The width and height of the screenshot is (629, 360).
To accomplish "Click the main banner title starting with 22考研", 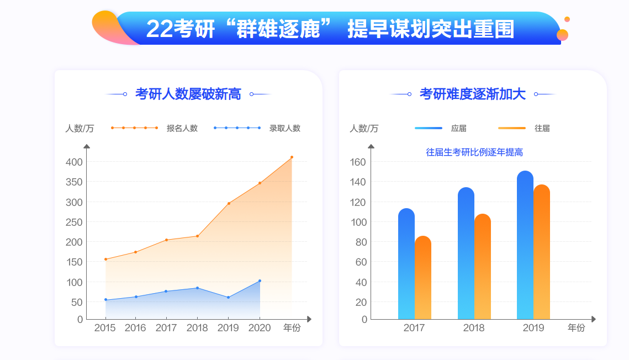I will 330,29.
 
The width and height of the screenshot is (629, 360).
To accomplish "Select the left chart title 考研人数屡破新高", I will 188,94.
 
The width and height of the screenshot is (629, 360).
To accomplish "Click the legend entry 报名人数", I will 182,128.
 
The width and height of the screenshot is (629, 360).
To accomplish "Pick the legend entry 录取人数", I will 284,128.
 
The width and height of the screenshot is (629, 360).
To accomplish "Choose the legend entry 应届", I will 458,128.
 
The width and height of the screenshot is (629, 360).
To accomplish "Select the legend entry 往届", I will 542,128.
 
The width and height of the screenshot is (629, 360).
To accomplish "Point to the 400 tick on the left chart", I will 74,162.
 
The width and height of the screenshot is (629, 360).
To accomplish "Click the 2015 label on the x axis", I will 105,328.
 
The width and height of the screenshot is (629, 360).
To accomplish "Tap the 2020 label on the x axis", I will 260,328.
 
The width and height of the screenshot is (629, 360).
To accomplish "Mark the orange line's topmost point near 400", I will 292,157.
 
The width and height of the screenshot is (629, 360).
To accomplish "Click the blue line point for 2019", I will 228,298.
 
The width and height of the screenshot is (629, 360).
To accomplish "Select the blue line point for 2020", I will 260,281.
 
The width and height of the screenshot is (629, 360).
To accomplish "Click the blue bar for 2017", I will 406,265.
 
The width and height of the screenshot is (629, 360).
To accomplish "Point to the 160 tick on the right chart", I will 358,162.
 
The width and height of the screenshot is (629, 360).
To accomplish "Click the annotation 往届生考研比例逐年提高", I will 474,152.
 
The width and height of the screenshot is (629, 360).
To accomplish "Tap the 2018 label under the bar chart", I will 474,328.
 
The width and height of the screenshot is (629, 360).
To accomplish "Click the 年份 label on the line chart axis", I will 292,328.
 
